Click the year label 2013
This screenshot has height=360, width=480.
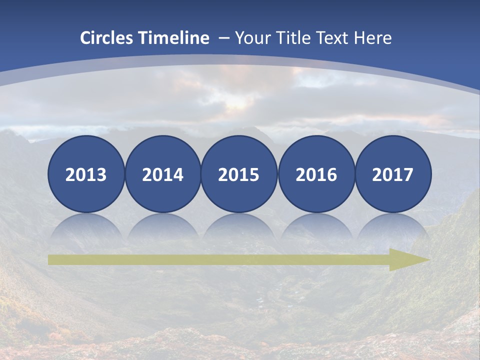(86, 175)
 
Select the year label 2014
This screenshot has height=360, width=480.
(162, 175)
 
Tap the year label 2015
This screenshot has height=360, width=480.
(239, 175)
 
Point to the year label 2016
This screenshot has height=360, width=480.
(316, 175)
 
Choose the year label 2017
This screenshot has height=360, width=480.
(392, 175)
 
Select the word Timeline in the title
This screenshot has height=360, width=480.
(174, 38)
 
